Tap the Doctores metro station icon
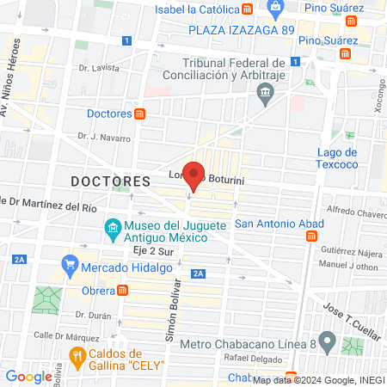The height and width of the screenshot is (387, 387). coord(140,114)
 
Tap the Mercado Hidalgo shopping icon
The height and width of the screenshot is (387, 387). coord(70,266)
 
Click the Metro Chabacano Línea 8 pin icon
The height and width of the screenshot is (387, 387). coord(326,339)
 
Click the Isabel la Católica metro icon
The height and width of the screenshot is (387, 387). coord(248,9)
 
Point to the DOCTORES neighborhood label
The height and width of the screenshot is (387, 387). coord(110,182)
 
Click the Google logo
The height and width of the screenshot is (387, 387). coord(28,376)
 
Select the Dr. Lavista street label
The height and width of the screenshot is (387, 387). coord(96,67)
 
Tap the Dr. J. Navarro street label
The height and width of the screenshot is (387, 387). coord(103,137)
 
